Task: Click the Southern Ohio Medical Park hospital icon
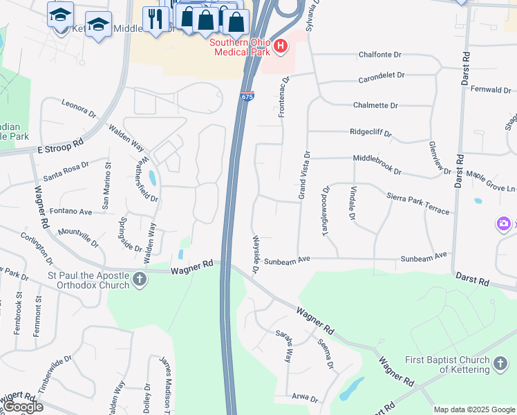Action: [280, 46]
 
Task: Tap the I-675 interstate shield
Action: [247, 98]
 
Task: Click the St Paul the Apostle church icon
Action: [140, 280]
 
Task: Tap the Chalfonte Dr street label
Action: [379, 55]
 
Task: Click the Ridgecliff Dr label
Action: [370, 132]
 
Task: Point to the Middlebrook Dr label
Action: [377, 158]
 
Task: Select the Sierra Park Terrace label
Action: [417, 204]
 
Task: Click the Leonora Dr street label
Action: [78, 109]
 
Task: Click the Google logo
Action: [23, 407]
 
